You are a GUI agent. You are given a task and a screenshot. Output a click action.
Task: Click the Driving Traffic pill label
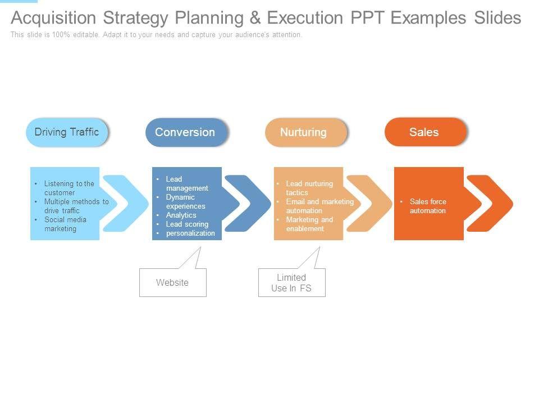(67, 132)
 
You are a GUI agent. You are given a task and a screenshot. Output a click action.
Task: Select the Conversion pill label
(185, 132)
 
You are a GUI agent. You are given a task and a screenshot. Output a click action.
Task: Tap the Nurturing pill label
(303, 132)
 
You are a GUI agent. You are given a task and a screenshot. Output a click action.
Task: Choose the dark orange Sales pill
(424, 132)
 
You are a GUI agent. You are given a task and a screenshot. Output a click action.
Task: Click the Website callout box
(173, 282)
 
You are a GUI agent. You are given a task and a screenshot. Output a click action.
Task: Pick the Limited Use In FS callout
(291, 283)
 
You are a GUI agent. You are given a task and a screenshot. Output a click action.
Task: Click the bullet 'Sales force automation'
(427, 206)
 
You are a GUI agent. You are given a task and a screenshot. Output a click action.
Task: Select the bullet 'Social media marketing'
(65, 224)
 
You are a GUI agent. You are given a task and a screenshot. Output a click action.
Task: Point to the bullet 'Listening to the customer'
(68, 188)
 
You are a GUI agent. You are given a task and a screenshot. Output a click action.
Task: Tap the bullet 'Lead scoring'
(187, 224)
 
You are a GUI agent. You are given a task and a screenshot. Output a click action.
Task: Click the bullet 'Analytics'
(181, 215)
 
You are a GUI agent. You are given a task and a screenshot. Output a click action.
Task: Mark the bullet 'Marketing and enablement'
(309, 224)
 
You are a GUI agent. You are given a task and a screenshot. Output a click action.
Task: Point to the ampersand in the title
(255, 18)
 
